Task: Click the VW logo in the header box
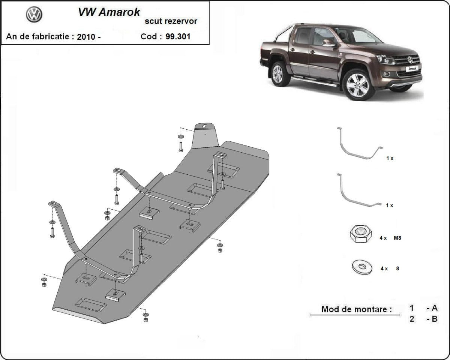34,15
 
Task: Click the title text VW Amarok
109,12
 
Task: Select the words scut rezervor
171,21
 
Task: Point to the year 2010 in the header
86,37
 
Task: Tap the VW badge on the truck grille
410,60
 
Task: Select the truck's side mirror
328,42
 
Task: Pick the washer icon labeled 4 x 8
362,267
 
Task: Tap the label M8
397,238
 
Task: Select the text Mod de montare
356,309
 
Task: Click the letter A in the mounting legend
434,308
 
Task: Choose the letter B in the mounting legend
434,319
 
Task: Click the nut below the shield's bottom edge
145,319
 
